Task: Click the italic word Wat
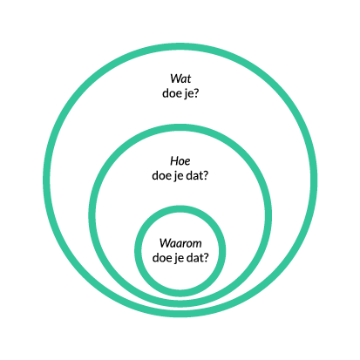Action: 180,78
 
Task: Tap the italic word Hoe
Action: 180,161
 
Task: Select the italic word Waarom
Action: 180,243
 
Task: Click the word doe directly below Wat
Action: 171,93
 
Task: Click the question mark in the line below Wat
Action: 195,93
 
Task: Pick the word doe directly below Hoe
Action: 160,175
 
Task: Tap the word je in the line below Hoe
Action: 176,176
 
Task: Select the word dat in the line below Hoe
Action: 194,175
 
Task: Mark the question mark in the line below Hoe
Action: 206,175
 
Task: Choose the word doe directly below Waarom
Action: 160,258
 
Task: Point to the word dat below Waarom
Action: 194,258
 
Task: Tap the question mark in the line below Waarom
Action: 206,258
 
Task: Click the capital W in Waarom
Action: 165,243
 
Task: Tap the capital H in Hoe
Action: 174,161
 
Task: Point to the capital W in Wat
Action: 176,78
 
